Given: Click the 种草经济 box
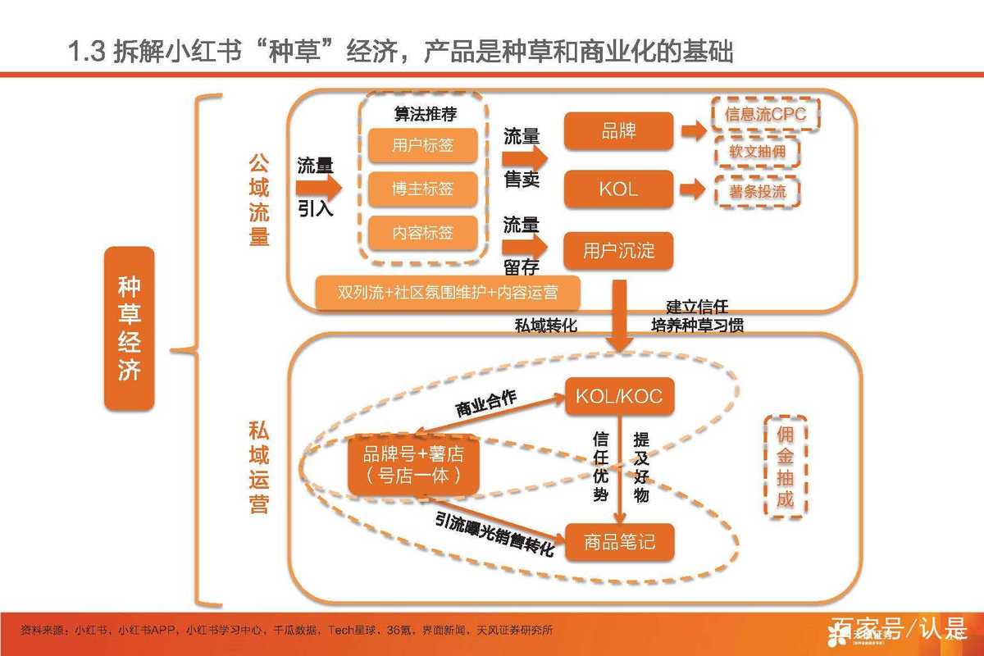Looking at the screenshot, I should (130, 328).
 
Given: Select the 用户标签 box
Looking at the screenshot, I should (422, 146).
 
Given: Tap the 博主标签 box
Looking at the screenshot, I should (422, 189).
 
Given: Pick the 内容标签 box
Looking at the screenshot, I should (422, 233).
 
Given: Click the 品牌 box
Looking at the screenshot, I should (618, 131).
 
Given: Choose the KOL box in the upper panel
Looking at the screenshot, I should (618, 189).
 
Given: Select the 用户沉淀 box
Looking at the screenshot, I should (618, 250).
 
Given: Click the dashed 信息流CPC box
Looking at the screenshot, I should (766, 115).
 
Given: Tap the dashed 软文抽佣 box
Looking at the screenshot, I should (757, 153).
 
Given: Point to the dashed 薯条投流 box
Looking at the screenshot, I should (757, 191).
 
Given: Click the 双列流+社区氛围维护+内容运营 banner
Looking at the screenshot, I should (449, 293).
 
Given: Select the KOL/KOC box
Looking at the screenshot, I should (618, 397).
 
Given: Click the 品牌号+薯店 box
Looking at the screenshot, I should (412, 465).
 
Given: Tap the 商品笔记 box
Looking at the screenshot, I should (618, 542).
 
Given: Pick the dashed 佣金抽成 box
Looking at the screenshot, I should (785, 466).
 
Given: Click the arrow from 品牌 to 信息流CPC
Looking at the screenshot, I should (693, 131).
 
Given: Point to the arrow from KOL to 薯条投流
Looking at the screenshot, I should (693, 189).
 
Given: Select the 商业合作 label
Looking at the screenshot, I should (485, 402).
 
